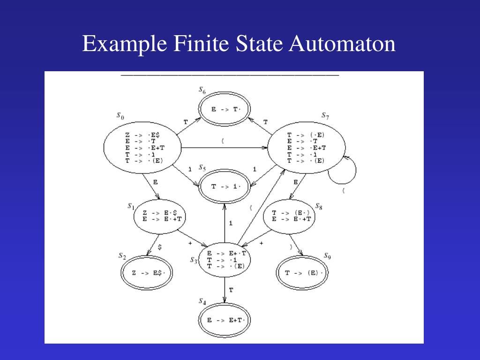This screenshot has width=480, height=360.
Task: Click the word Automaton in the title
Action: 342,44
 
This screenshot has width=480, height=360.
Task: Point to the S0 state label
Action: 120,116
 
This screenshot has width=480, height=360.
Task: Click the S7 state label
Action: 325,116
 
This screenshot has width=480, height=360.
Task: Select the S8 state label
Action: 318,206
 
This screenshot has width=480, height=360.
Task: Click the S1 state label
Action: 131,206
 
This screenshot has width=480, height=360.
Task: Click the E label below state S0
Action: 155,182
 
